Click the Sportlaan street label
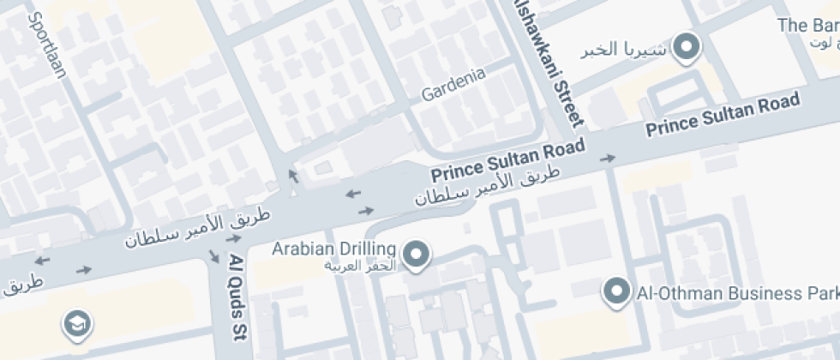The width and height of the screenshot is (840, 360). [x=48, y=44]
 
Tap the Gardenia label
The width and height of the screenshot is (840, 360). [x=453, y=83]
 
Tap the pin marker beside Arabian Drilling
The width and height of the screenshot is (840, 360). [x=417, y=255]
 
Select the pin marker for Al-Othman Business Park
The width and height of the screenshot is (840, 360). [x=616, y=291]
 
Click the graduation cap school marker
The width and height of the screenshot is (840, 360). [x=78, y=324]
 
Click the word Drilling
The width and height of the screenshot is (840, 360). [x=368, y=249]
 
